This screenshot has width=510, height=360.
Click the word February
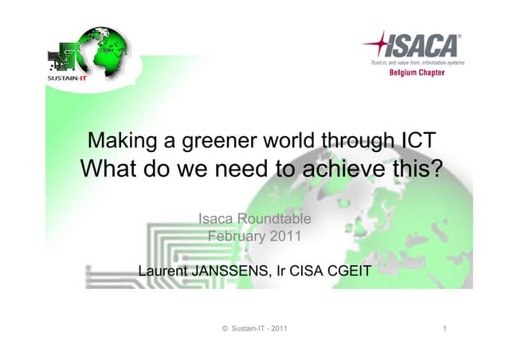(237, 236)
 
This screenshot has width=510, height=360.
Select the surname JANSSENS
(232, 272)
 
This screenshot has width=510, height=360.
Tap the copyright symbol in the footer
(225, 329)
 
